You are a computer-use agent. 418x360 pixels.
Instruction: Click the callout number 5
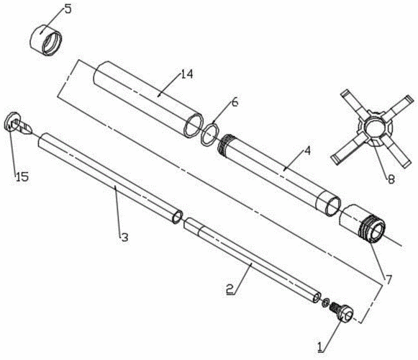point(68,9)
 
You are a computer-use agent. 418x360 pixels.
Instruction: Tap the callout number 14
point(186,74)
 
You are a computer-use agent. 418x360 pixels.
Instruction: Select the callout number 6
point(235,102)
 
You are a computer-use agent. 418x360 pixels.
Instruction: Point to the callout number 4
point(307,151)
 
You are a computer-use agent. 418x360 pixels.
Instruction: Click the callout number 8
point(391,179)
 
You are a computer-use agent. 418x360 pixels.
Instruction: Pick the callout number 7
point(389,279)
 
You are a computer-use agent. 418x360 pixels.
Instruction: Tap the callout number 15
point(22,176)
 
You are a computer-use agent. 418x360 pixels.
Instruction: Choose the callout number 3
point(124,237)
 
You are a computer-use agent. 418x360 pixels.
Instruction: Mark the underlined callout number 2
point(230,289)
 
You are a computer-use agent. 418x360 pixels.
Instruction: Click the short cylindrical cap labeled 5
point(45,40)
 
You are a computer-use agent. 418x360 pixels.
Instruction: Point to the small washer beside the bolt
point(325,303)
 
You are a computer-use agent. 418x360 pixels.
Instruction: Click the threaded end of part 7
point(372,230)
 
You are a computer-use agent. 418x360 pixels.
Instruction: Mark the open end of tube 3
point(177,217)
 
